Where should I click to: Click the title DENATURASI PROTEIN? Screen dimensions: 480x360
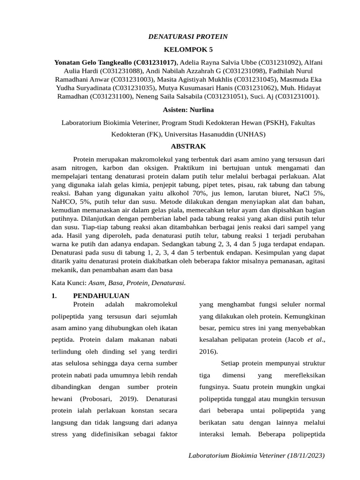[x=188, y=36]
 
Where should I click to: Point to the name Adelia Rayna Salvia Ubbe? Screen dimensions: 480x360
[x=220, y=62]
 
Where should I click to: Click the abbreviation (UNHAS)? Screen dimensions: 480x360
[x=250, y=134]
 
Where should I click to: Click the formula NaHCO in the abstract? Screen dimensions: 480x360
[x=63, y=202]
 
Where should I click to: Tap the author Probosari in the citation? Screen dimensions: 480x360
[x=101, y=399]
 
